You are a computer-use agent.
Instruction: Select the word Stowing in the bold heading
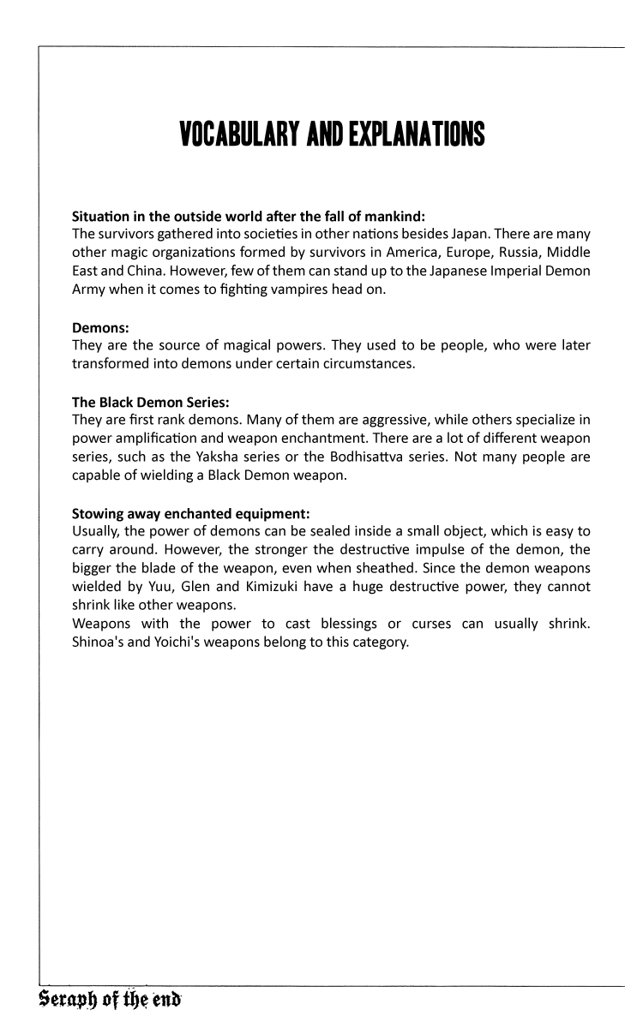click(x=100, y=514)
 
